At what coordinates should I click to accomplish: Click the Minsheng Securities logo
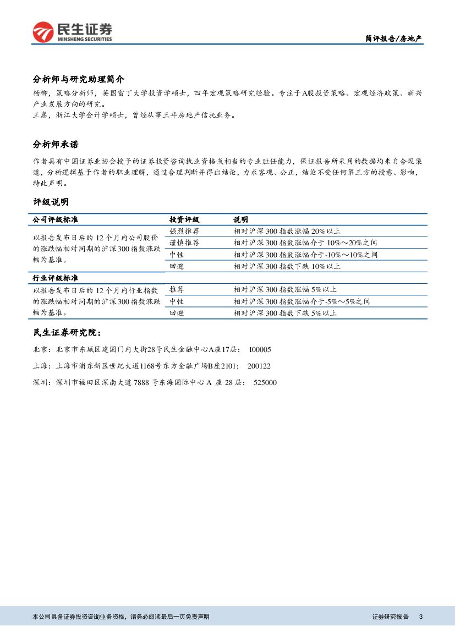coord(72,32)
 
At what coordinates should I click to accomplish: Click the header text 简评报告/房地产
coord(394,39)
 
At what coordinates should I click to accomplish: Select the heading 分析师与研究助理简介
coord(79,79)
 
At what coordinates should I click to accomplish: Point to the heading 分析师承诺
coord(56,145)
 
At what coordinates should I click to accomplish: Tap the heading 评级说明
coord(51,202)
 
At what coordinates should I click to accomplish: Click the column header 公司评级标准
coord(56,219)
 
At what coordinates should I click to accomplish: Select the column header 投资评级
coord(184,219)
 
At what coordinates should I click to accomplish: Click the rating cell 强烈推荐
coord(184,231)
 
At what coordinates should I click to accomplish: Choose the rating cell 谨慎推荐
coord(184,243)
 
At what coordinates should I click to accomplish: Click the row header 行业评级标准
coord(56,278)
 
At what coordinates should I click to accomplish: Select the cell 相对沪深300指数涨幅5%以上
coord(285,289)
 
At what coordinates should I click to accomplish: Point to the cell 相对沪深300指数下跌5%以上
coord(285,313)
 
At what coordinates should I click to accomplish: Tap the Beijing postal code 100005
coord(260,350)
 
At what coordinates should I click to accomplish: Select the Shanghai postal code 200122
coord(259,366)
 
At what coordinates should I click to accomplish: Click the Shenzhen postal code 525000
coord(265,383)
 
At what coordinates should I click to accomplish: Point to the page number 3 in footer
coord(420,617)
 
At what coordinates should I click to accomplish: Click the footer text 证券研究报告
coord(391,617)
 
